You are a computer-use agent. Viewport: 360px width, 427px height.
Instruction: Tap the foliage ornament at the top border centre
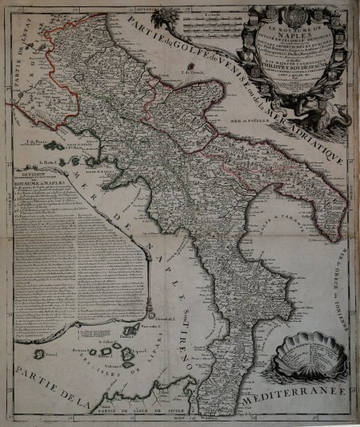(x=170, y=15)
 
